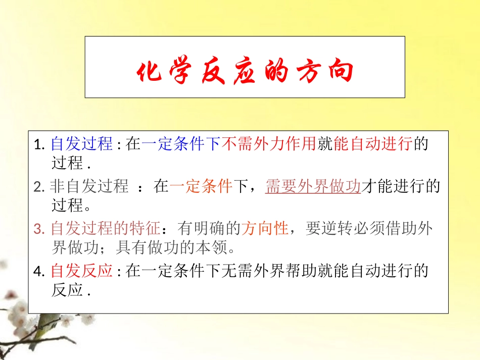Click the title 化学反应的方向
pyautogui.click(x=245, y=73)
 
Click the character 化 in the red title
pyautogui.click(x=150, y=73)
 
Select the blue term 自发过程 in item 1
pyautogui.click(x=82, y=144)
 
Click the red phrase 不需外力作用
pyautogui.click(x=269, y=144)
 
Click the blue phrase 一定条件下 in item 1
pyautogui.click(x=181, y=144)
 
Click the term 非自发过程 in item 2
pyautogui.click(x=89, y=187)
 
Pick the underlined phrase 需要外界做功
pyautogui.click(x=313, y=187)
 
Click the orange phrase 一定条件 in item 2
pyautogui.click(x=201, y=187)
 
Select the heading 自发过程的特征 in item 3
pyautogui.click(x=105, y=229)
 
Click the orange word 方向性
pyautogui.click(x=265, y=229)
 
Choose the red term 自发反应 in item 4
pyautogui.click(x=82, y=271)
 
